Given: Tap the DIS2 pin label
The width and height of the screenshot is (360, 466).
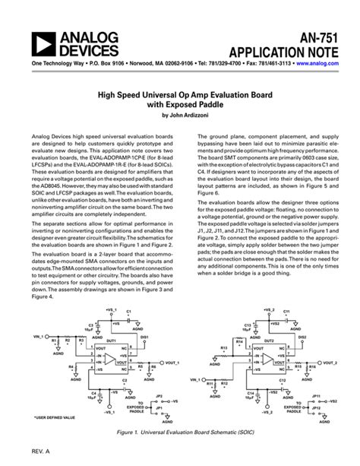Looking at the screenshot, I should click(302, 314).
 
